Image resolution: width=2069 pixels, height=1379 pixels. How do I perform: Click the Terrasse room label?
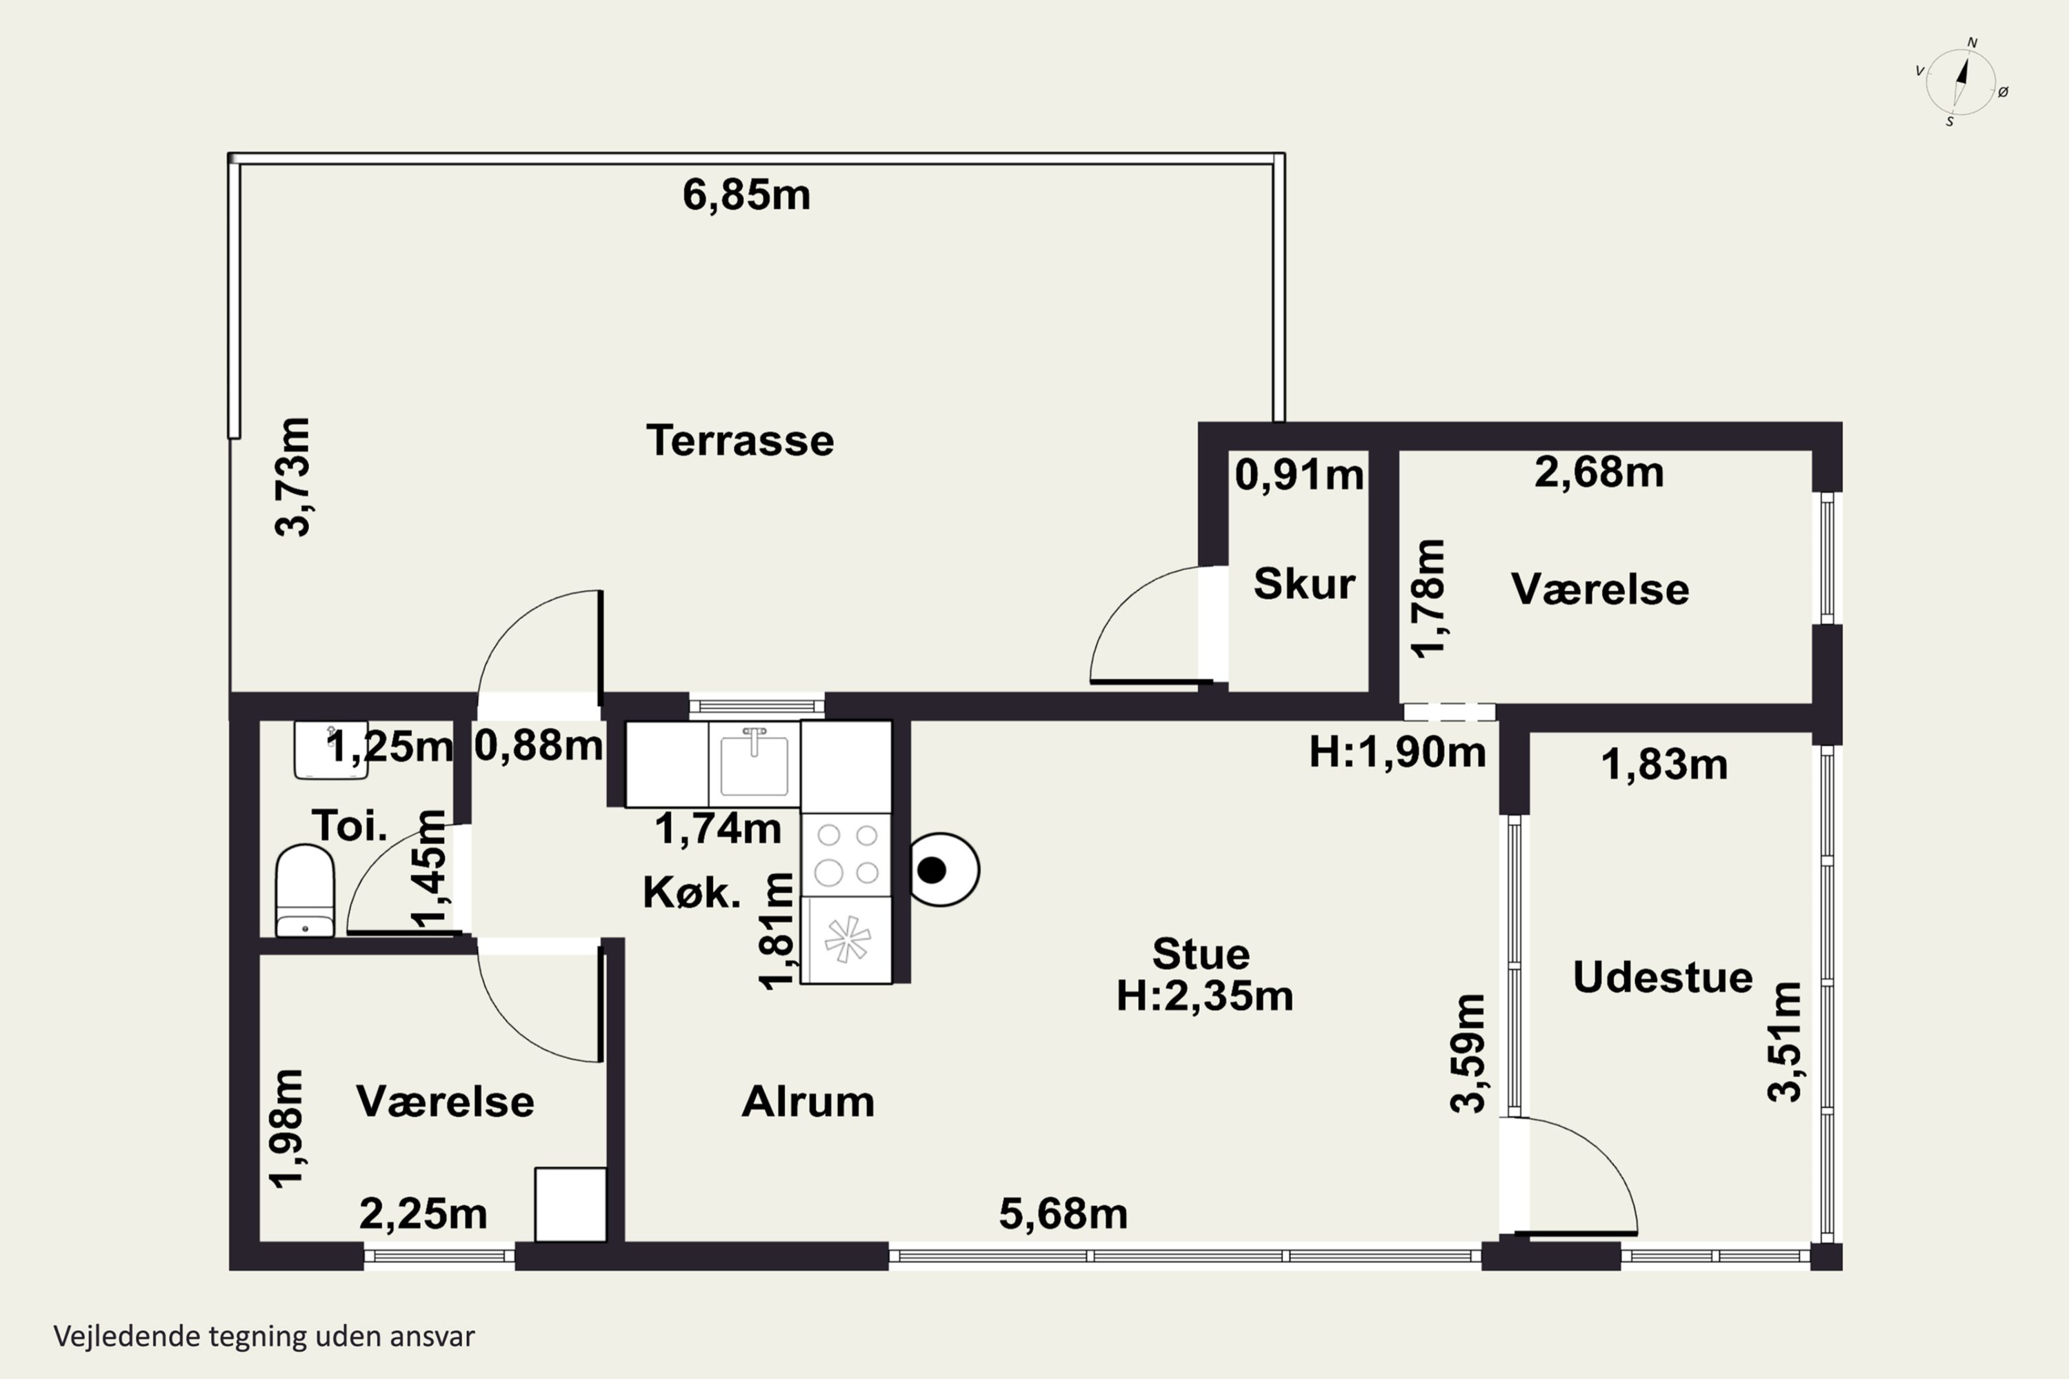coord(740,441)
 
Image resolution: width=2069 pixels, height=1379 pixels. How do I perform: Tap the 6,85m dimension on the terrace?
coord(746,195)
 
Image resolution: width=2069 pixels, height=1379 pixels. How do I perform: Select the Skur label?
coord(1303,584)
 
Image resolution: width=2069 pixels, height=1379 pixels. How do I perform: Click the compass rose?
coord(1961,83)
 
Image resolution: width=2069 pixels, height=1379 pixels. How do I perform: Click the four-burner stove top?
coord(846,854)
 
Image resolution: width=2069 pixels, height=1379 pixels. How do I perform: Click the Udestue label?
coord(1663,978)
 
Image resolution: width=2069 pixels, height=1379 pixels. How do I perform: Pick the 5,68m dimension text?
coord(1063,1214)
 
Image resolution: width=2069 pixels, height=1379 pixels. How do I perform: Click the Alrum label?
coord(808,1102)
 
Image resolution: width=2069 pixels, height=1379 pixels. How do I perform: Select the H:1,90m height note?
coord(1397,753)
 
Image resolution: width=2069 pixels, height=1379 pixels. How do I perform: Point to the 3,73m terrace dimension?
coord(293,476)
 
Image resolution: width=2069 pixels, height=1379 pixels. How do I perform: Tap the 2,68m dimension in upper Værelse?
coord(1599,472)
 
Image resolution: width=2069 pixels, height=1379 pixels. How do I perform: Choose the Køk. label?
coord(692,893)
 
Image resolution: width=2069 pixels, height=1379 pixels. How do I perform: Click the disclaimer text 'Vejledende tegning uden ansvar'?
coord(264,1336)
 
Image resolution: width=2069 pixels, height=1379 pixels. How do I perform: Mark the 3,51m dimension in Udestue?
coord(1785,1042)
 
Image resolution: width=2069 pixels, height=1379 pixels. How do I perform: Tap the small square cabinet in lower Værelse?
coord(571,1204)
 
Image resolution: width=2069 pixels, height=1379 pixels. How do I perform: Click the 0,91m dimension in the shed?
coord(1299,475)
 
